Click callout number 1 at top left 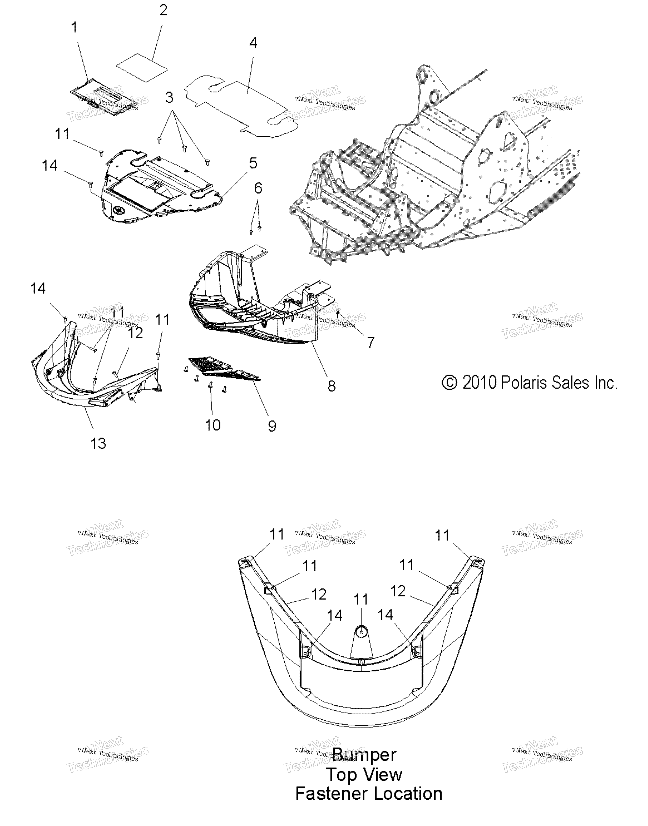[x=74, y=27]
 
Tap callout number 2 [x=163, y=10]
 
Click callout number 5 [x=253, y=163]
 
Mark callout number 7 [x=371, y=342]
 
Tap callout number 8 [x=332, y=386]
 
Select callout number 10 [x=213, y=425]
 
